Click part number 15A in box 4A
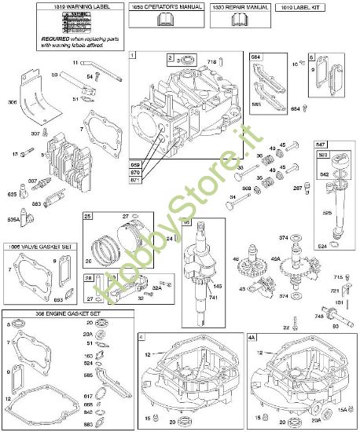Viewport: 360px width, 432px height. (x=342, y=408)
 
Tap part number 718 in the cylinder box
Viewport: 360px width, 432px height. (x=233, y=60)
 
